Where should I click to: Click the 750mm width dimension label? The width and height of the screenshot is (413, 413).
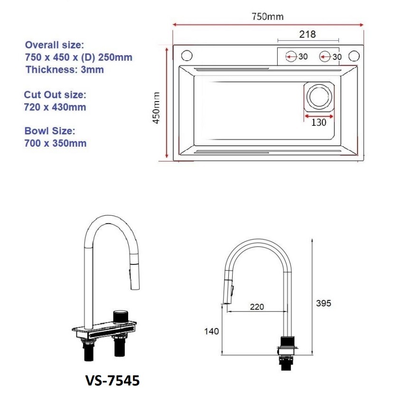click(x=268, y=17)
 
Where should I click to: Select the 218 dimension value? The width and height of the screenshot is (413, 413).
click(x=307, y=34)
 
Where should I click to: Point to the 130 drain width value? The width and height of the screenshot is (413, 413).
click(x=319, y=122)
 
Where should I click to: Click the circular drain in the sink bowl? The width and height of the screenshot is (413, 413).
click(x=317, y=96)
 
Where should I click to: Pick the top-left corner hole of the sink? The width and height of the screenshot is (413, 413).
click(x=187, y=56)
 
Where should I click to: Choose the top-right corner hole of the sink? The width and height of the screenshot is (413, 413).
click(x=353, y=56)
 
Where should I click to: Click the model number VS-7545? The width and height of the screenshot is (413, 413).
click(x=113, y=381)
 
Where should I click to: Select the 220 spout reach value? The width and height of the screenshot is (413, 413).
click(x=257, y=307)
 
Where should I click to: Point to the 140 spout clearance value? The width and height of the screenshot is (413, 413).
click(x=211, y=331)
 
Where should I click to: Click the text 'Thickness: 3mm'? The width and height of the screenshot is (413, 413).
click(x=65, y=70)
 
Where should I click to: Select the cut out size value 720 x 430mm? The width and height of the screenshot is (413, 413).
click(x=55, y=107)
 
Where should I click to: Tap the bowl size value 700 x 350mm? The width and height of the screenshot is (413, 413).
click(x=55, y=143)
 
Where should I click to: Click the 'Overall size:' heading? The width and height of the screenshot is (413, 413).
click(x=54, y=45)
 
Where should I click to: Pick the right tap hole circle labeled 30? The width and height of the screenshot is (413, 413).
click(x=325, y=56)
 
